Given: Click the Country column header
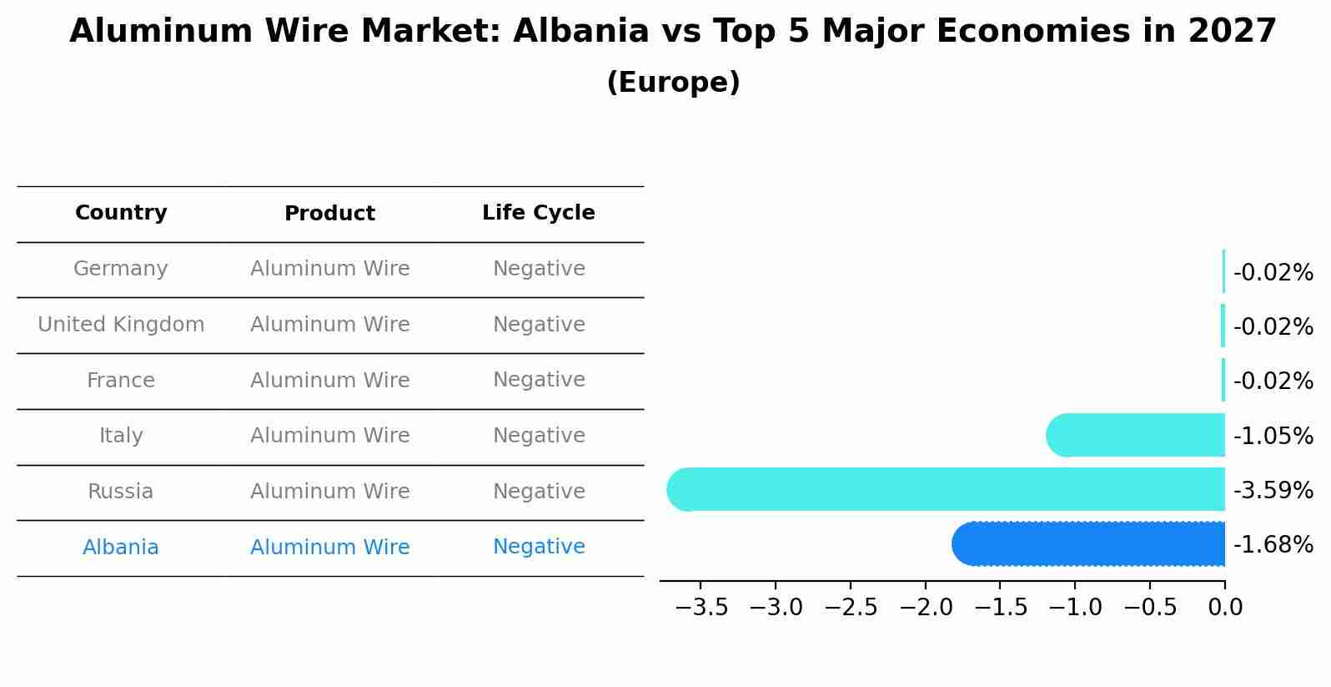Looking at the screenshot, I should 121,213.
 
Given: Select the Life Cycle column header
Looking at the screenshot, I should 539,213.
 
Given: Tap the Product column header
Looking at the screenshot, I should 329,214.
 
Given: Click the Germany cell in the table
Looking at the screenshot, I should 121,269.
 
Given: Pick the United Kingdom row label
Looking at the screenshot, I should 121,325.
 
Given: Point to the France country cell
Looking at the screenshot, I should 121,381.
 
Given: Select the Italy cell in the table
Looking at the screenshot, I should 121,436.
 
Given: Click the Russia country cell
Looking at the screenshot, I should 121,492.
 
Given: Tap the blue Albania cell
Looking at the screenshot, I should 121,548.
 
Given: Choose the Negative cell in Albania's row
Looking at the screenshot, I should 539,547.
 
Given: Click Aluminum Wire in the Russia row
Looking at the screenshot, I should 329,492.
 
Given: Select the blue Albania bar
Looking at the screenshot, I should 1088,544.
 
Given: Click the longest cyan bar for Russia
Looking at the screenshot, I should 946,489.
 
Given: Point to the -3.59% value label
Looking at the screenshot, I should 1273,491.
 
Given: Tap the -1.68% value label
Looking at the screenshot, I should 1273,545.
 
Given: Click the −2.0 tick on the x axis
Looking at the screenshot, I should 925,608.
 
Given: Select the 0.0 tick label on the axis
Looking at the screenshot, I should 1224,608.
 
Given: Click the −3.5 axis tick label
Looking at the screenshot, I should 701,608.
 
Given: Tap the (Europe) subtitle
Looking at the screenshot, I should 673,83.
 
